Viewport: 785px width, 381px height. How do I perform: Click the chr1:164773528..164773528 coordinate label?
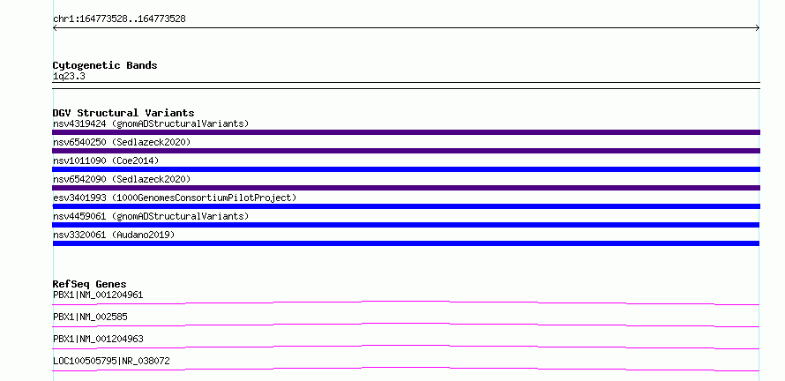[x=119, y=19]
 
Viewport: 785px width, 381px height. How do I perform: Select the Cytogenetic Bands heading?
[x=105, y=65]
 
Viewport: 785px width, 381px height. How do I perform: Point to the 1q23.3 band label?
[x=69, y=77]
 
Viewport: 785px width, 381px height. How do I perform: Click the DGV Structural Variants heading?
[x=123, y=113]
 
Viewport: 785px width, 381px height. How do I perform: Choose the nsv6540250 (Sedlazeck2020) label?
[x=122, y=142]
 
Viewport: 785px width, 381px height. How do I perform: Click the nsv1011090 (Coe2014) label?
[x=106, y=161]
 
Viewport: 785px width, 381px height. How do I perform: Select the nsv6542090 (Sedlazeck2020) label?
[x=122, y=179]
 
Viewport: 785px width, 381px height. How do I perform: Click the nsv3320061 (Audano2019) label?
[x=114, y=235]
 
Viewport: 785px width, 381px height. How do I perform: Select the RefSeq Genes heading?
[x=90, y=284]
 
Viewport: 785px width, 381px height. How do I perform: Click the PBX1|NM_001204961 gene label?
[x=98, y=295]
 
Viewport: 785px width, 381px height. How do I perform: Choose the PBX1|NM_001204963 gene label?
[x=98, y=339]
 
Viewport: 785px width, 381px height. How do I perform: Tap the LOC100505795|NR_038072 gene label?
[x=111, y=361]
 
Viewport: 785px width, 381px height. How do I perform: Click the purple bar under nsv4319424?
[x=406, y=132]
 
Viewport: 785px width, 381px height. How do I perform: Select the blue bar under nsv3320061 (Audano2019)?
[x=406, y=243]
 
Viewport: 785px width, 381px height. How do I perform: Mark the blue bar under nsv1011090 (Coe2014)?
[x=406, y=169]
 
